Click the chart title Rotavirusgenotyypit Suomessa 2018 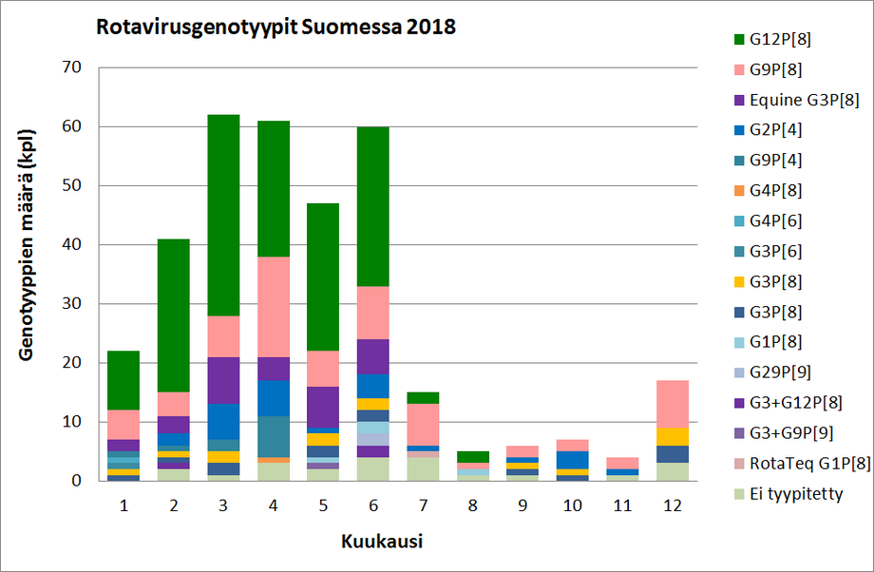tap(275, 27)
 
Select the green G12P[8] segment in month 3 tap(224, 215)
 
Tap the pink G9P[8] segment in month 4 tap(275, 307)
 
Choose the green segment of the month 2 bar tap(174, 315)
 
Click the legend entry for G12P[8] tap(779, 39)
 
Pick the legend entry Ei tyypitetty tap(796, 494)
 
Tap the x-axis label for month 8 tap(474, 506)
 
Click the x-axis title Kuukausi tap(382, 543)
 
